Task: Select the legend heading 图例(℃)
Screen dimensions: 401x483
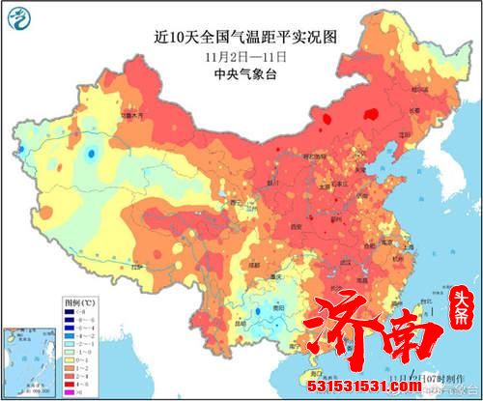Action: (x=25, y=302)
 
